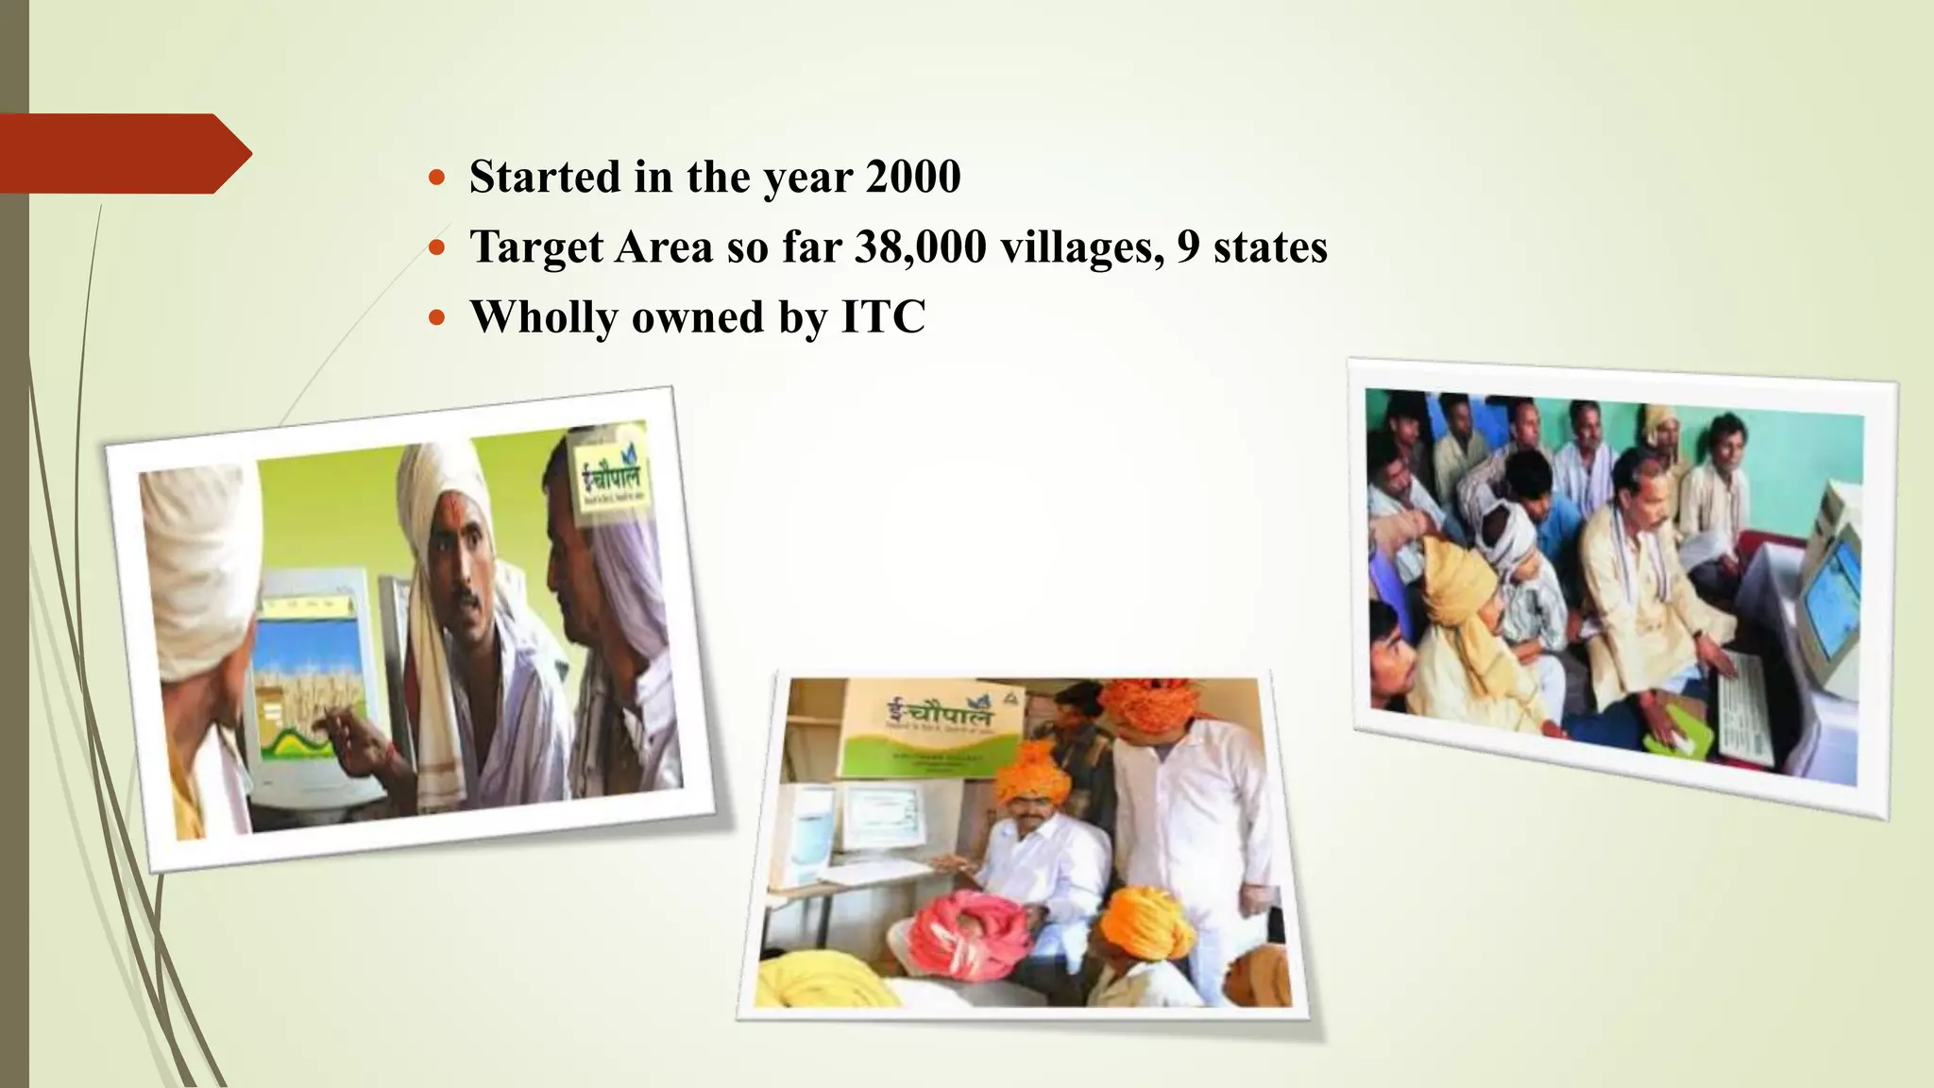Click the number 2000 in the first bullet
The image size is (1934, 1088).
click(x=912, y=177)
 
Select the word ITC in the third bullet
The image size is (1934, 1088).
click(x=882, y=316)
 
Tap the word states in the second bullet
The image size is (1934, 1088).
click(x=1270, y=246)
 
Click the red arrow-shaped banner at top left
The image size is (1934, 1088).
click(x=118, y=153)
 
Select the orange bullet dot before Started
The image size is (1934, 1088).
click(x=435, y=177)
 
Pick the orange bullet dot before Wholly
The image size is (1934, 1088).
click(x=435, y=316)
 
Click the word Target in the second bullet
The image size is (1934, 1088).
click(x=536, y=246)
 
